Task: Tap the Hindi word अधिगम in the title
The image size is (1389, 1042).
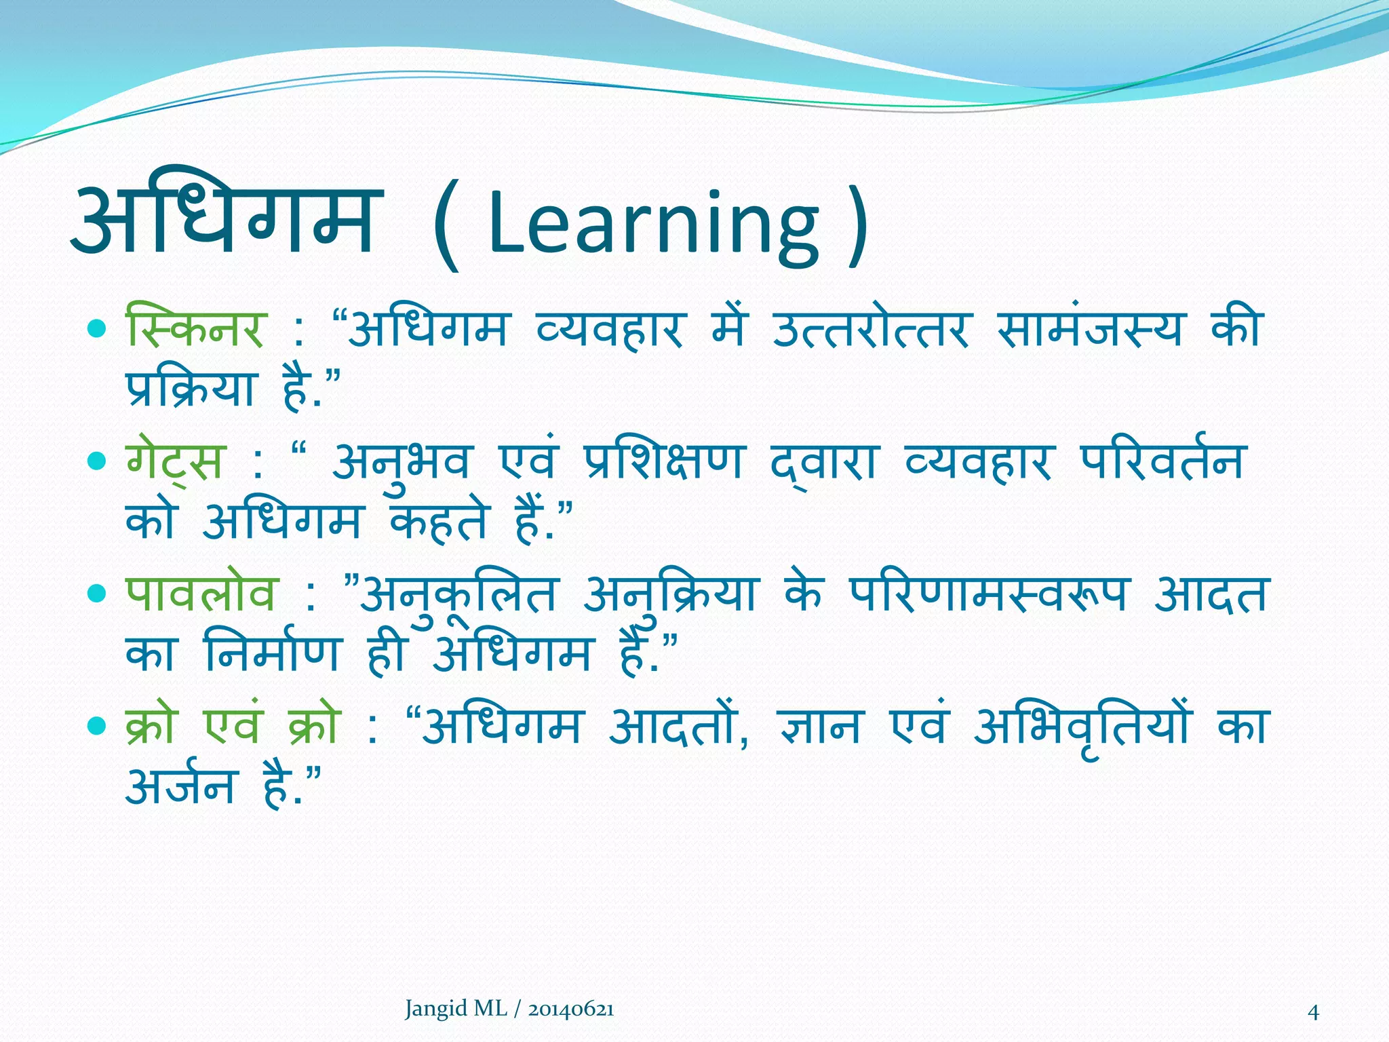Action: click(224, 217)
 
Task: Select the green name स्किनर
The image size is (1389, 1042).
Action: click(195, 328)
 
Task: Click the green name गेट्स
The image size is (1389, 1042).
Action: click(175, 461)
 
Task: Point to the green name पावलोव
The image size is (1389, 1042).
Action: click(202, 594)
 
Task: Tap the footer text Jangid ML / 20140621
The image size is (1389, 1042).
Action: click(509, 1009)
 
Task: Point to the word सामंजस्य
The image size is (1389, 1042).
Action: click(1091, 328)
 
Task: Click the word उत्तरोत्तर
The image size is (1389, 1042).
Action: click(872, 328)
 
